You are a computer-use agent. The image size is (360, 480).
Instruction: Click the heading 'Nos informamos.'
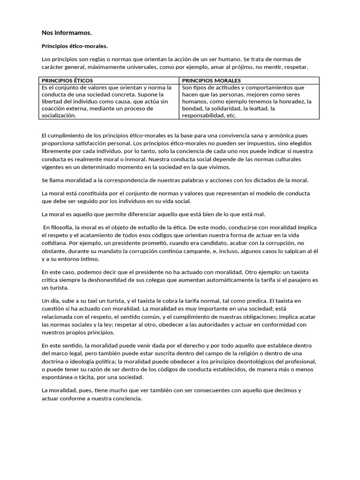67,33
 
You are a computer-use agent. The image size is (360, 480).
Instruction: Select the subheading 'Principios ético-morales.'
75,46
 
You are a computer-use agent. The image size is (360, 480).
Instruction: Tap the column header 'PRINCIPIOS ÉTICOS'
67,81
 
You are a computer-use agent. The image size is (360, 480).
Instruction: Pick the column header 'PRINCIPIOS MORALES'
211,81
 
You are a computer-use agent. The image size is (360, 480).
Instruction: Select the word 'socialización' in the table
59,115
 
